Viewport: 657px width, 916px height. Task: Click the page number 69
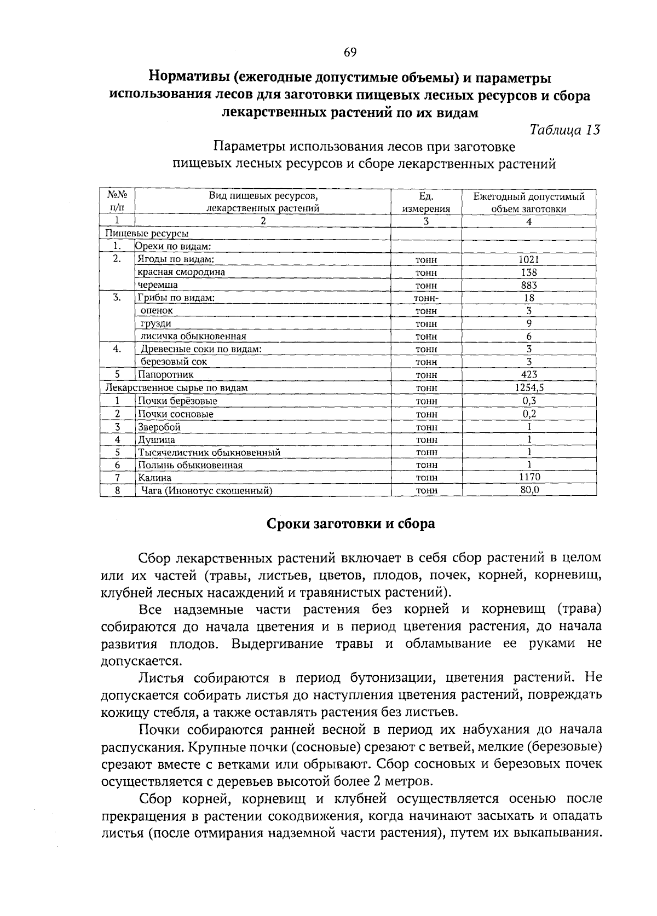pyautogui.click(x=350, y=53)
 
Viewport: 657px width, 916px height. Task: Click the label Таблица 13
pyautogui.click(x=565, y=130)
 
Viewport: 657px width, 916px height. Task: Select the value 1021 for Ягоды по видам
pyautogui.click(x=529, y=260)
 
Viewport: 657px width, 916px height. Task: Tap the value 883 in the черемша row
pyautogui.click(x=529, y=285)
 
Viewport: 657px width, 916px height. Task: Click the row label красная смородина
pyautogui.click(x=181, y=272)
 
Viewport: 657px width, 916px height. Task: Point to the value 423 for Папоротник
pyautogui.click(x=529, y=375)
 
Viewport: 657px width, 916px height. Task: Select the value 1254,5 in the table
pyautogui.click(x=529, y=387)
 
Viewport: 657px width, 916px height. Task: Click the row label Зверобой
pyautogui.click(x=159, y=427)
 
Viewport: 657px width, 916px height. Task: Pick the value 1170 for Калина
pyautogui.click(x=529, y=477)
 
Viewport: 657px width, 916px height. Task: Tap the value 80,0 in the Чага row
pyautogui.click(x=529, y=490)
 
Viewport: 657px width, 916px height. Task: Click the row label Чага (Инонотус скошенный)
pyautogui.click(x=206, y=491)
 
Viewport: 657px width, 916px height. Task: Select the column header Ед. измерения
pyautogui.click(x=426, y=202)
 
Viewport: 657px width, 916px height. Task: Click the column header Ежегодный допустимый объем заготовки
pyautogui.click(x=529, y=202)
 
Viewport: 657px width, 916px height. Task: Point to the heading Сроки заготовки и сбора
pyautogui.click(x=350, y=524)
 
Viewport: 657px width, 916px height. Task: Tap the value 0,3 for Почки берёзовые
pyautogui.click(x=529, y=401)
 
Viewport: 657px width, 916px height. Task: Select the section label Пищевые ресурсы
pyautogui.click(x=147, y=234)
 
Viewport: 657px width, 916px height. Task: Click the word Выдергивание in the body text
pyautogui.click(x=278, y=643)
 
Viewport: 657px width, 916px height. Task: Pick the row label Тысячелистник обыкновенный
pyautogui.click(x=209, y=453)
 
